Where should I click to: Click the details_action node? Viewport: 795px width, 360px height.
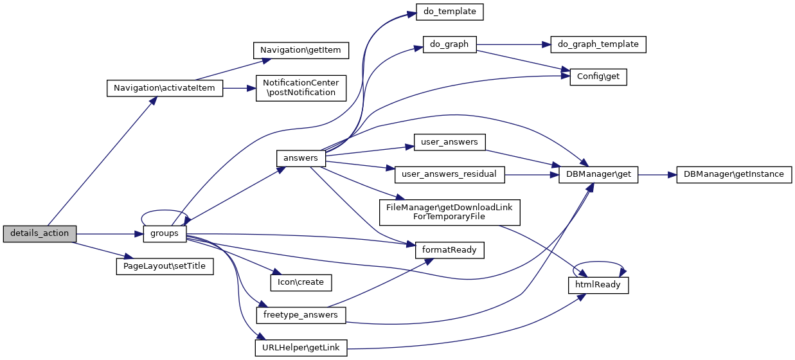(x=40, y=233)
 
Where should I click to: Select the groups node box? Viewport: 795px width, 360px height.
(x=164, y=233)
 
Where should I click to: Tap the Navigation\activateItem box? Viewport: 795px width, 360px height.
(x=164, y=88)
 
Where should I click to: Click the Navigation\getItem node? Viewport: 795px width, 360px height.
(x=300, y=50)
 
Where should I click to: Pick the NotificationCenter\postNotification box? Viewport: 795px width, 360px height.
(x=301, y=87)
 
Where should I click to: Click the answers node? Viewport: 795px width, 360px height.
(x=300, y=157)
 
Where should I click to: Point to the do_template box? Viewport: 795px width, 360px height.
(x=450, y=12)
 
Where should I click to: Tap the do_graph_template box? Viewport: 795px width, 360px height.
(x=598, y=44)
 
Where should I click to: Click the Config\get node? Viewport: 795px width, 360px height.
(x=598, y=77)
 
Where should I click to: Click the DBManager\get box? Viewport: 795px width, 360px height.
(x=598, y=174)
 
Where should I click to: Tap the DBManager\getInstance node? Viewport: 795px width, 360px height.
(x=733, y=174)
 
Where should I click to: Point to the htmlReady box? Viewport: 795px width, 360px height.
(x=598, y=285)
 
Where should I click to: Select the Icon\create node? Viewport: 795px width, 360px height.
(x=300, y=282)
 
